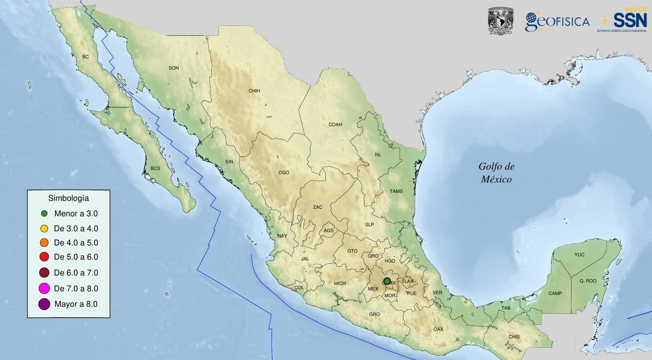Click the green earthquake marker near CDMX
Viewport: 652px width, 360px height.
(x=387, y=281)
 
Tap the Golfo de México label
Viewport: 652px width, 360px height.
(x=495, y=173)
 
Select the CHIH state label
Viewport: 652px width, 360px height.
(x=255, y=91)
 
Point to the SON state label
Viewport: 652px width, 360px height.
(x=173, y=68)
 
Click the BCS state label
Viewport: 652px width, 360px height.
(x=155, y=168)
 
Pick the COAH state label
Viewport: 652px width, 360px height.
(x=335, y=124)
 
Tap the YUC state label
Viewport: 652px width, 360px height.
(x=579, y=255)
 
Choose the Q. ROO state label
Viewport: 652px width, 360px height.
(x=588, y=281)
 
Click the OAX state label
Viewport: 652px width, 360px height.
(x=438, y=329)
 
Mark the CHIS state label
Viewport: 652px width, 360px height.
(x=513, y=337)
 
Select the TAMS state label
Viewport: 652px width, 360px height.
(x=396, y=191)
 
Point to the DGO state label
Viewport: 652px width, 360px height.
(x=284, y=173)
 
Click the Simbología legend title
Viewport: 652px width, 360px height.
(x=69, y=198)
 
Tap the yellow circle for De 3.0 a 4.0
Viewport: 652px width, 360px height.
(x=45, y=228)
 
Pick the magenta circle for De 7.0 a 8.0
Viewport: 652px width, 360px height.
(x=45, y=288)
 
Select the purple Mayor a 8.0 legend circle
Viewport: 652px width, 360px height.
(x=45, y=304)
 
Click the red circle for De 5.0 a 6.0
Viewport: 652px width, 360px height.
(x=45, y=256)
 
